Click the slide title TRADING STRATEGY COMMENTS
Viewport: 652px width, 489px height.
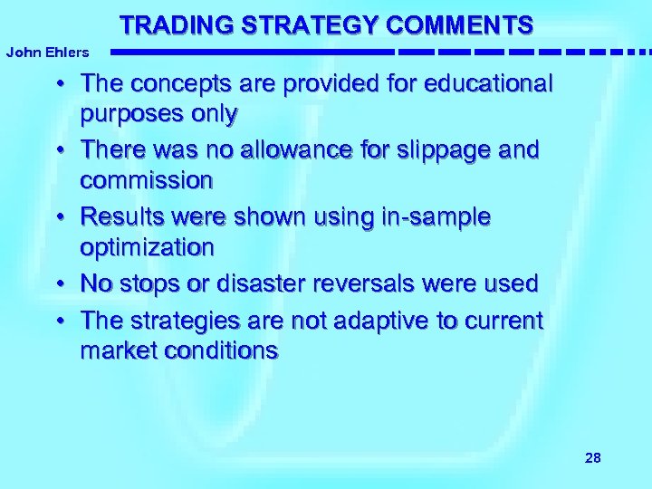pyautogui.click(x=326, y=24)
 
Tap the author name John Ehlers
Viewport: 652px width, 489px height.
pyautogui.click(x=47, y=53)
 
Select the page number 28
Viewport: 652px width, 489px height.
pyautogui.click(x=593, y=458)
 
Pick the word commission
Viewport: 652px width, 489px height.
pyautogui.click(x=147, y=180)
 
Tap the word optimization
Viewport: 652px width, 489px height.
pyautogui.click(x=148, y=247)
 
